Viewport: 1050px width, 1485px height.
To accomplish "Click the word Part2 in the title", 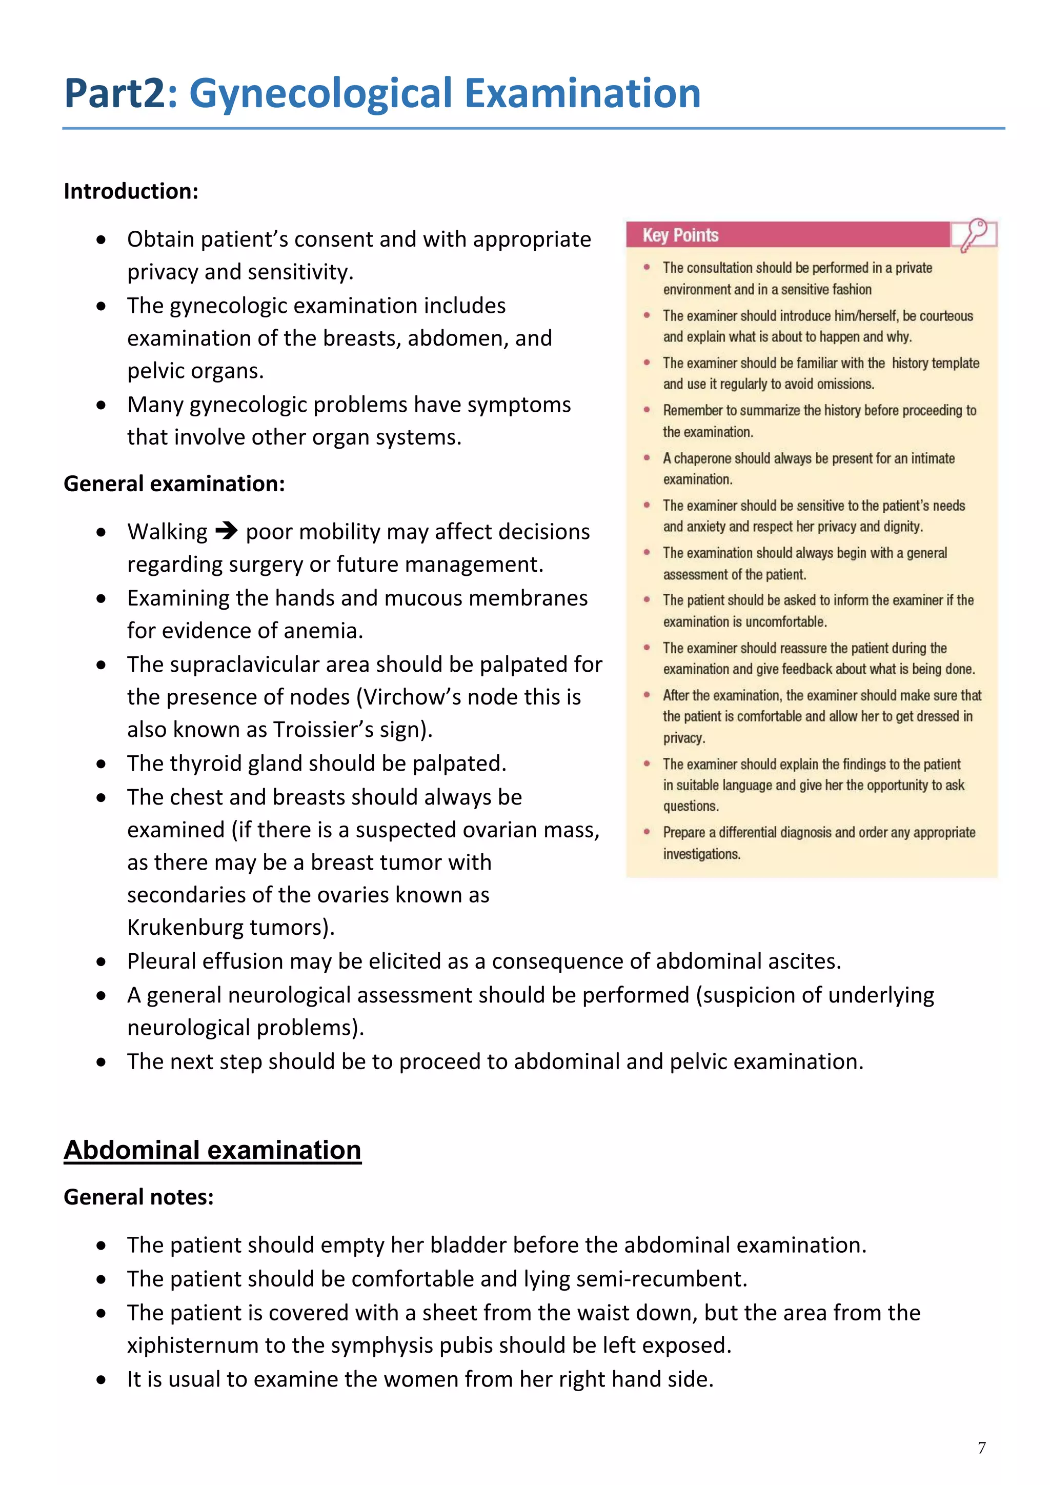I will [x=115, y=94].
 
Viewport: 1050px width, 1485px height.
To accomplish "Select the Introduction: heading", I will [x=131, y=191].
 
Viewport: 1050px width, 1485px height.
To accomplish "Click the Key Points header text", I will [x=680, y=235].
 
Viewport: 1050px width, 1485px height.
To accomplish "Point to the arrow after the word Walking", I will [x=226, y=532].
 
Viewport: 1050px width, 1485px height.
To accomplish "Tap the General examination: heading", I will [x=174, y=484].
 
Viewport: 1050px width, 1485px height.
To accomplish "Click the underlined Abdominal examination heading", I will [x=212, y=1150].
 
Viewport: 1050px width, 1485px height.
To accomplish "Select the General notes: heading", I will [x=138, y=1197].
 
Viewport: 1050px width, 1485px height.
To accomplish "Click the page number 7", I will [x=981, y=1448].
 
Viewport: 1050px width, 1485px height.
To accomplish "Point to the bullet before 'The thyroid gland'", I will [x=101, y=765].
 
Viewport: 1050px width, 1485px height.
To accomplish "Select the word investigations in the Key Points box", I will [x=701, y=854].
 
